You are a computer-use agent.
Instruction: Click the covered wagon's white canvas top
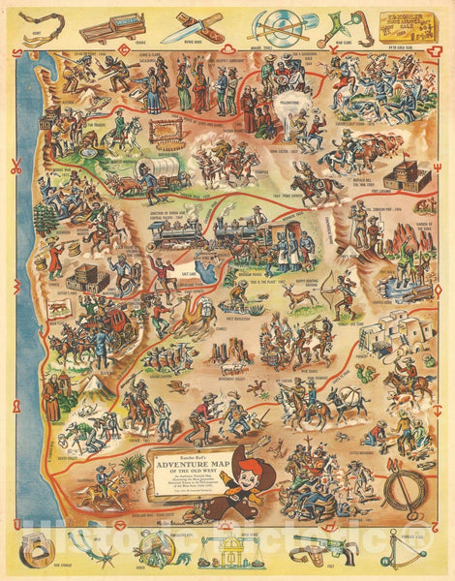[x=160, y=171]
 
